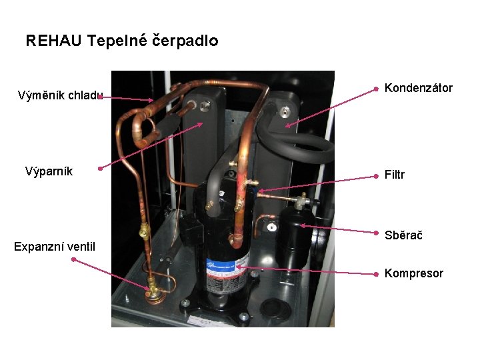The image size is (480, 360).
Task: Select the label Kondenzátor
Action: tap(419, 88)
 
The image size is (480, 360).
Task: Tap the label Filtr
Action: tap(395, 175)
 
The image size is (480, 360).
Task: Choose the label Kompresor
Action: tap(414, 273)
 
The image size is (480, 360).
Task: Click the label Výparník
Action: tap(49, 171)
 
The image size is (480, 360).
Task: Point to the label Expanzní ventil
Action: tap(55, 247)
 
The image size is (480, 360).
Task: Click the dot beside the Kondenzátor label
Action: tap(376, 88)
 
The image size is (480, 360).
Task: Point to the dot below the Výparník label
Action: tap(99, 169)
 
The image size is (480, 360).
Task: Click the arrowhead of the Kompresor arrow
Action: tap(238, 267)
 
